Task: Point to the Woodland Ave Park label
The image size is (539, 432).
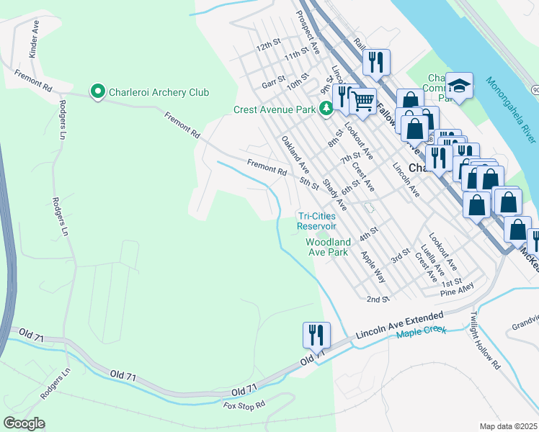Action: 328,247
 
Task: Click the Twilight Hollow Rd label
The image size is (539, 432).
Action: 485,341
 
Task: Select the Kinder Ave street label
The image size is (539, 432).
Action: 35,39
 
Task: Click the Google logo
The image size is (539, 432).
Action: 24,423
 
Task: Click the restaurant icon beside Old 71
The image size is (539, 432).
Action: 316,335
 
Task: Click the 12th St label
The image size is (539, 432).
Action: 268,46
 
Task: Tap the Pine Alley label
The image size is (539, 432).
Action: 458,289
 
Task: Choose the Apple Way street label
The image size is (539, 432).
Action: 373,267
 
